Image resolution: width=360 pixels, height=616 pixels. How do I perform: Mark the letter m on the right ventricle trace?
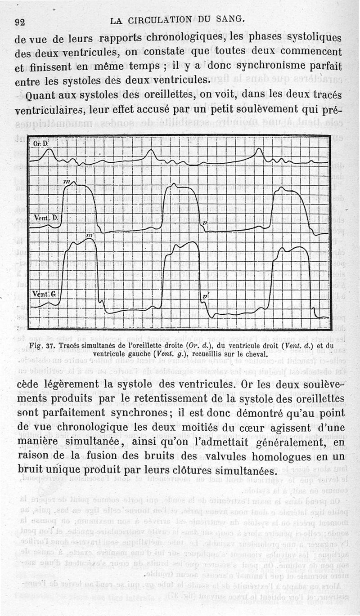(x=67, y=181)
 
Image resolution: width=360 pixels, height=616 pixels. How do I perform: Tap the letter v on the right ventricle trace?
(x=205, y=223)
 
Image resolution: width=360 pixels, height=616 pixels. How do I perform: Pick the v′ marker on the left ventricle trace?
(x=205, y=297)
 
